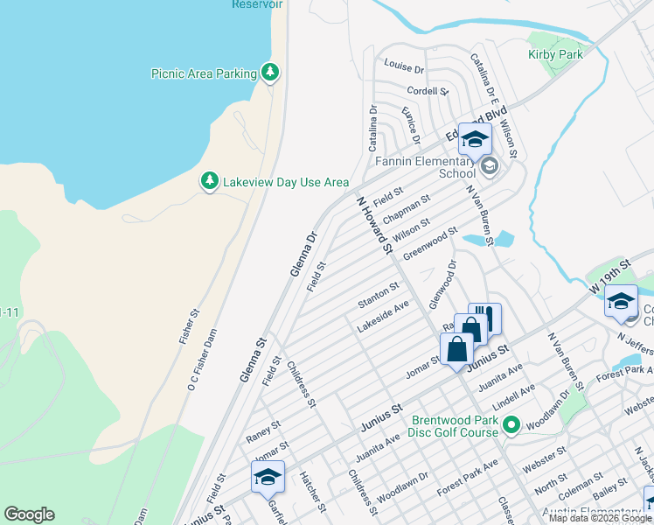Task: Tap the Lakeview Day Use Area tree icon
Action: pos(210,181)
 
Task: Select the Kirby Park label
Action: pos(554,54)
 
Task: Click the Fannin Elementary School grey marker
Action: pos(489,166)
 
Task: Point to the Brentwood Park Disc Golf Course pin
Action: pos(512,427)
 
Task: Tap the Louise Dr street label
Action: pos(404,67)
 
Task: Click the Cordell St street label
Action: pos(428,91)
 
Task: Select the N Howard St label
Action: pos(374,226)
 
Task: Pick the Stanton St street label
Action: pos(379,295)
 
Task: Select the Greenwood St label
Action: pos(436,238)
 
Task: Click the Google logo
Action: pos(29,514)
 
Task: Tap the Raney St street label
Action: pos(263,430)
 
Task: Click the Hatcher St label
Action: pos(312,493)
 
